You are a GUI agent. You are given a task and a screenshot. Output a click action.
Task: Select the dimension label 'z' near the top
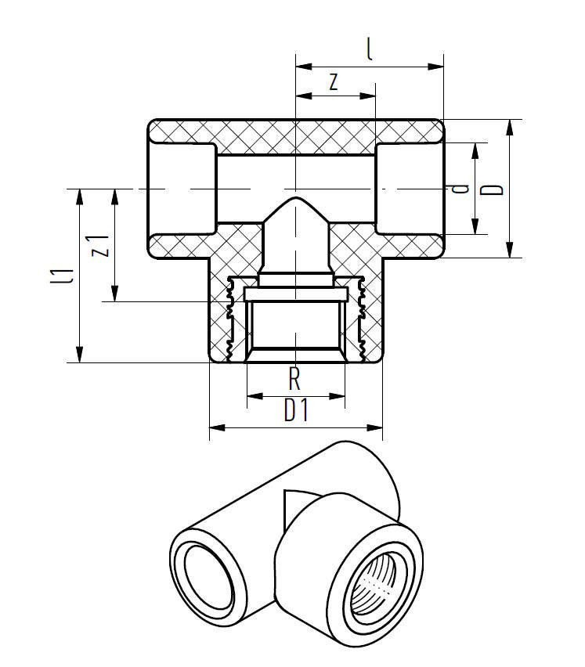coord(334,82)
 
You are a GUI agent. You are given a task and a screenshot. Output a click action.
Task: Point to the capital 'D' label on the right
coord(494,189)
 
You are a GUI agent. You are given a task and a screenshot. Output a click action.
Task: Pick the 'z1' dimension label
coord(99,245)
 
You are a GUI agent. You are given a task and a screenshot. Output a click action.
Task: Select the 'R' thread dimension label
coord(294,380)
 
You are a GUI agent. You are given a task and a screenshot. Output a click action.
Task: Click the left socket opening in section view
coord(182,189)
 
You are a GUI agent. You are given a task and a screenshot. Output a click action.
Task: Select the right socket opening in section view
coord(409,189)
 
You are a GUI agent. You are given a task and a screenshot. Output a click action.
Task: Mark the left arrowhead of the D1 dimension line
coord(215,427)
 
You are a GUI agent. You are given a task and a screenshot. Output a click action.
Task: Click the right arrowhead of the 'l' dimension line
coord(438,67)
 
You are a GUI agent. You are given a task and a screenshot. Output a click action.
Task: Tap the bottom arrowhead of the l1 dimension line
coord(80,356)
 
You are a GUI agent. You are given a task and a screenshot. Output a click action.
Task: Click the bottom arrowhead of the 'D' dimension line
coord(510,251)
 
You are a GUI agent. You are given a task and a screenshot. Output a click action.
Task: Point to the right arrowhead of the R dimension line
coord(339,397)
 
